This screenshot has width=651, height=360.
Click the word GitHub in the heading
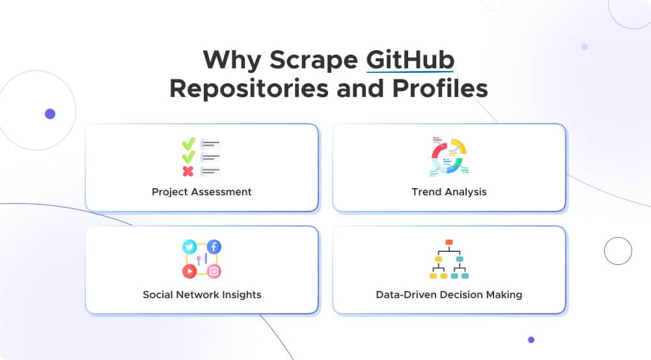[410, 59]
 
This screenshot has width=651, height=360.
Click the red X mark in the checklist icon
[188, 171]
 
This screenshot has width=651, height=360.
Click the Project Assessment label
[202, 191]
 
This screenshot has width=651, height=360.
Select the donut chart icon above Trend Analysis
[449, 156]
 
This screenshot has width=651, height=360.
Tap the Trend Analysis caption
[449, 191]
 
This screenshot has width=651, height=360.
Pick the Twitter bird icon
[189, 247]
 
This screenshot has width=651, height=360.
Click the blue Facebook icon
[214, 247]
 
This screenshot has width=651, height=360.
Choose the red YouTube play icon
[189, 271]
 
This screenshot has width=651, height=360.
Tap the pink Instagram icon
[214, 271]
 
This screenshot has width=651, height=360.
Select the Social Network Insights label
[202, 294]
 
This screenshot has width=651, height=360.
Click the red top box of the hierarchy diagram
[449, 243]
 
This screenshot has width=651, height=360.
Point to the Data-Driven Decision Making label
[449, 294]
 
